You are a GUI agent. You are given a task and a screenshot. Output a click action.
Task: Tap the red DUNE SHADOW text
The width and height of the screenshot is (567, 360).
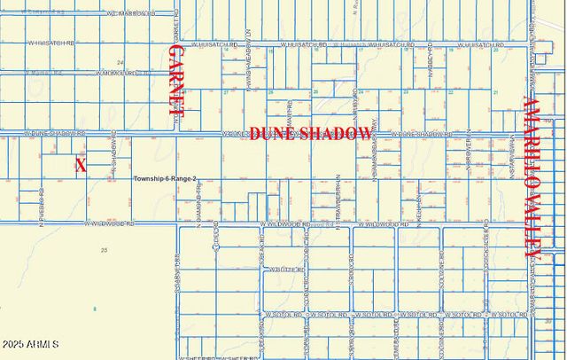[310, 134]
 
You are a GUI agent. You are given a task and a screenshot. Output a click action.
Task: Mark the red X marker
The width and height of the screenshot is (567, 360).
[82, 165]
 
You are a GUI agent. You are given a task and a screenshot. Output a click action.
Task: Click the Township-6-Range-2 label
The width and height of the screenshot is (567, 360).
[165, 179]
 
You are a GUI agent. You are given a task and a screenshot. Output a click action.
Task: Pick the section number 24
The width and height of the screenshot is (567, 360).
[119, 62]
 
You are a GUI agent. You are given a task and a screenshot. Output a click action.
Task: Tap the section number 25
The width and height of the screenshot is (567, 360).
[104, 251]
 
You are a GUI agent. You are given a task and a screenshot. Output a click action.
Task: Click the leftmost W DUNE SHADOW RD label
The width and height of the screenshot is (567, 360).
[55, 134]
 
